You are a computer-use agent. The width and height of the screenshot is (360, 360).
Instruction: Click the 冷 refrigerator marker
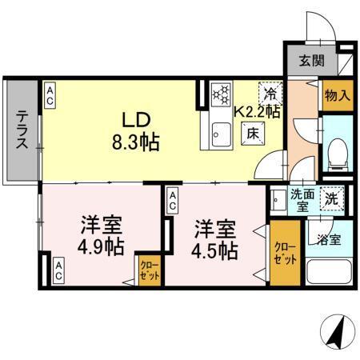[271, 93]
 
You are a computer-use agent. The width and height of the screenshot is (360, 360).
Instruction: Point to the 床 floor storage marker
[251, 133]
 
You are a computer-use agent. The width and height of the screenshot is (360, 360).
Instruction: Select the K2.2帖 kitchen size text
[256, 113]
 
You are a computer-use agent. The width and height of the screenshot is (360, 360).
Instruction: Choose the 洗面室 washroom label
[301, 198]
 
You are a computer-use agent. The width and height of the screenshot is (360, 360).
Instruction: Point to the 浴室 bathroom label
[328, 238]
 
